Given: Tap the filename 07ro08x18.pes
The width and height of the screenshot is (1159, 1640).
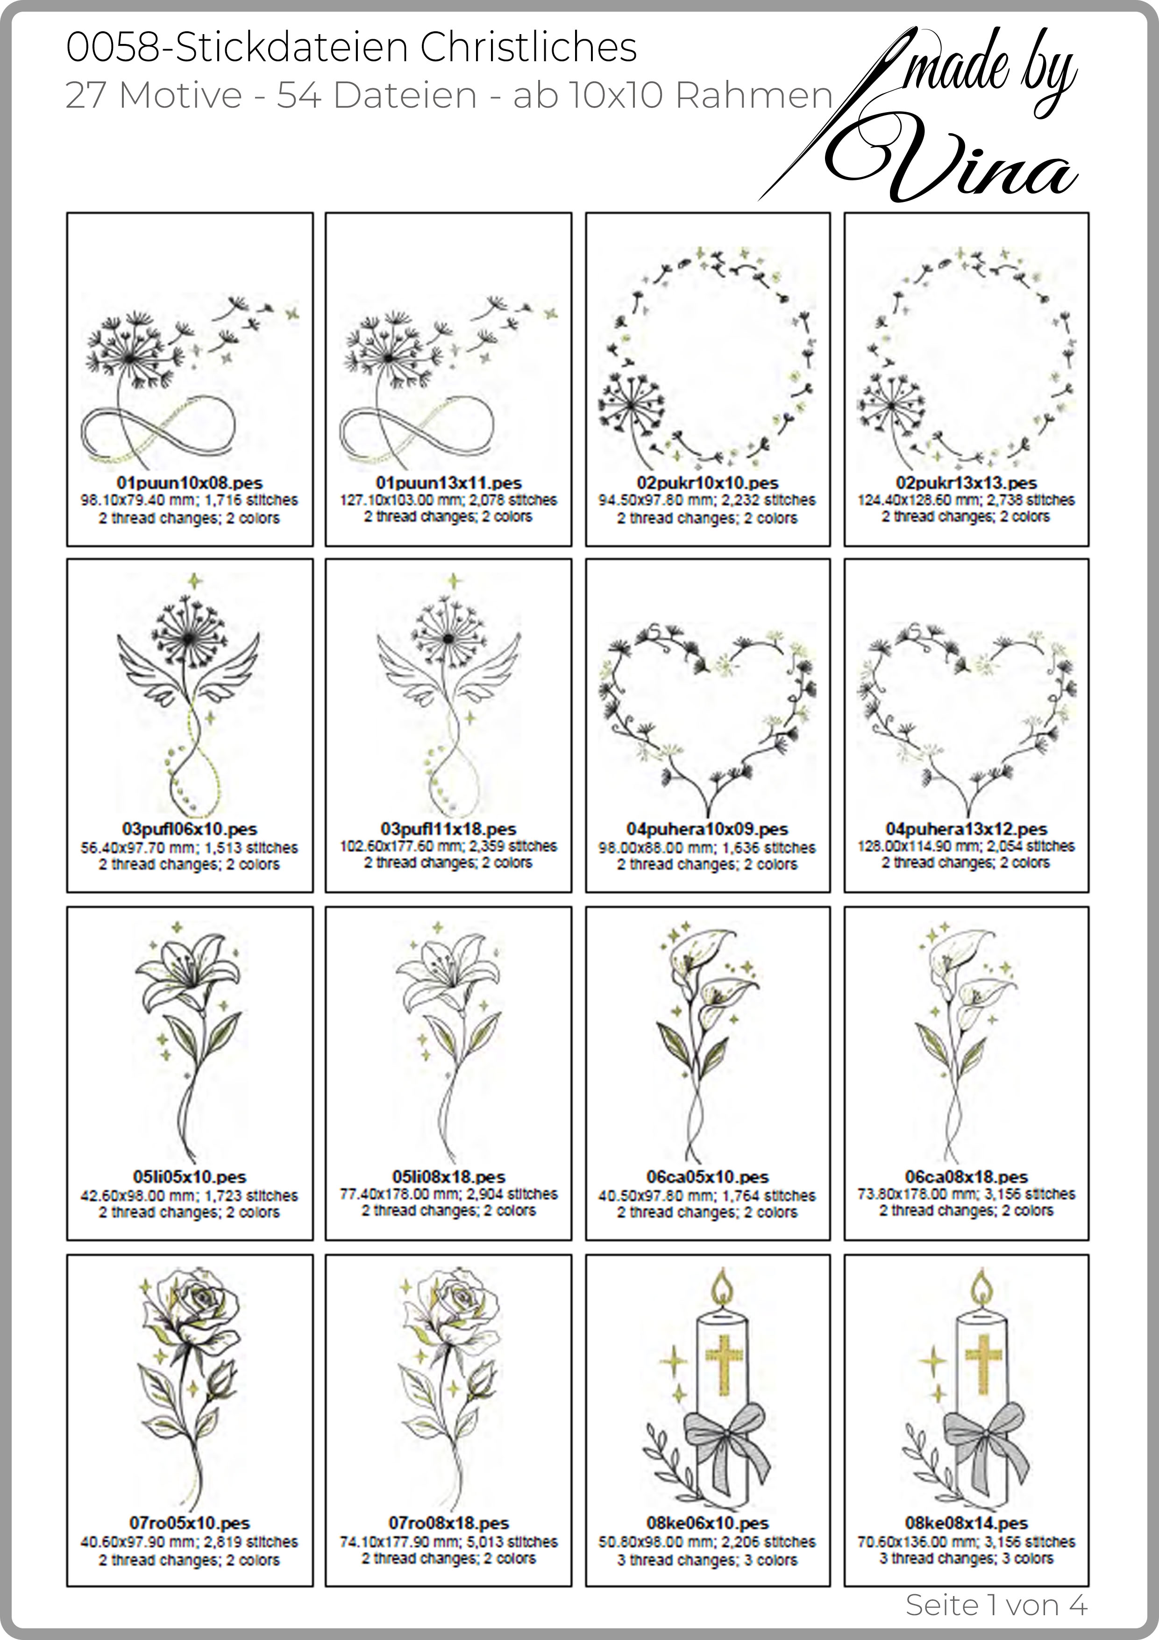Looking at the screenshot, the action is pyautogui.click(x=448, y=1524).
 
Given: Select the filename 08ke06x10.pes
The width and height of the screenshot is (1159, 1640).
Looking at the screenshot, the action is pyautogui.click(x=708, y=1524).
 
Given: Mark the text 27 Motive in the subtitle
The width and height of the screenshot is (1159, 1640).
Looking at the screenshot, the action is pyautogui.click(x=154, y=95).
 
